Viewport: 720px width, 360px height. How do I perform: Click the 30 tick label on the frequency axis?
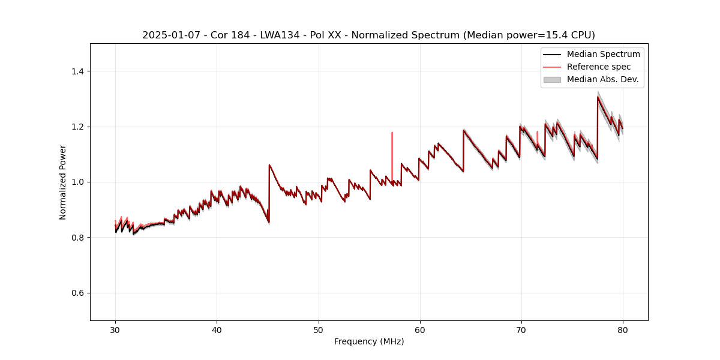click(x=115, y=329)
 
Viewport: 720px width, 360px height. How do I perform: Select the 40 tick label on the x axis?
click(x=217, y=329)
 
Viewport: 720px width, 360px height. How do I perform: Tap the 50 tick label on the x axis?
click(x=319, y=329)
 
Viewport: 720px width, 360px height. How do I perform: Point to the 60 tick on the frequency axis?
click(x=420, y=329)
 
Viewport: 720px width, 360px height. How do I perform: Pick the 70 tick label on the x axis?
click(x=521, y=329)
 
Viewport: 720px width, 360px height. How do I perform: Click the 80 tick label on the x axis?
click(x=623, y=329)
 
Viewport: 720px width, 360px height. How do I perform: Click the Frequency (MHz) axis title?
click(x=369, y=341)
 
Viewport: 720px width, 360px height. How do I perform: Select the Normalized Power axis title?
click(x=63, y=182)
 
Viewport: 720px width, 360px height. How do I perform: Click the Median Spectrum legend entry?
click(x=603, y=54)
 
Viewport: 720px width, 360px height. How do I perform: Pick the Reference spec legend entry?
click(x=598, y=67)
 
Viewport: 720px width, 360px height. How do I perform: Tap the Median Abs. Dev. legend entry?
click(x=602, y=79)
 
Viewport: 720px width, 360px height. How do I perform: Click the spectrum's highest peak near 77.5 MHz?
click(x=598, y=97)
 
